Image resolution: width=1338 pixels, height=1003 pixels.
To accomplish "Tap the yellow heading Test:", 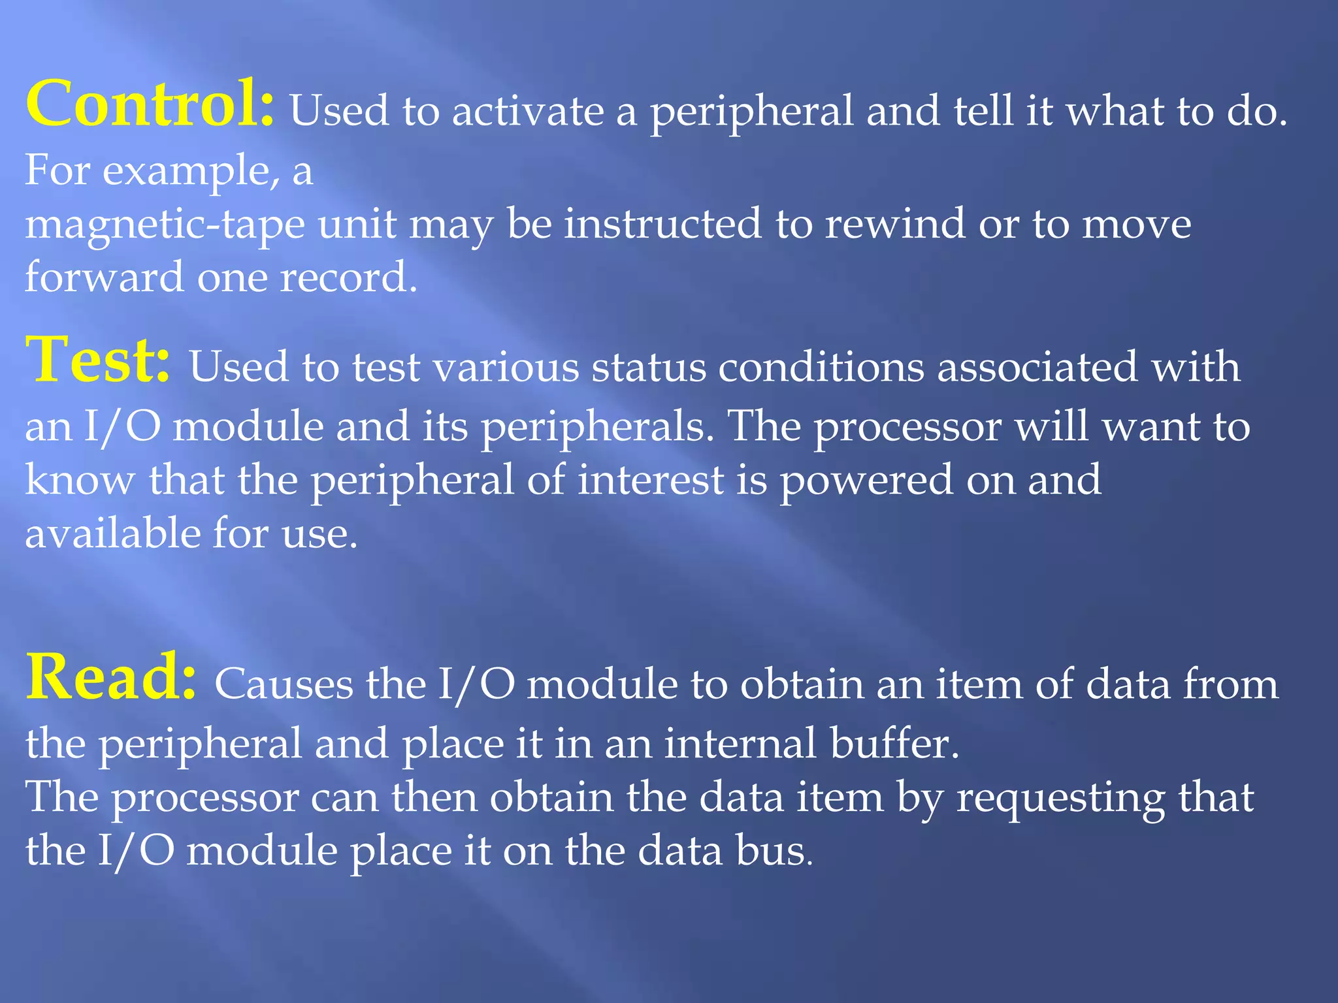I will tap(98, 360).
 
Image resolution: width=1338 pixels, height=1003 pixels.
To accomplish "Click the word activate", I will tap(528, 111).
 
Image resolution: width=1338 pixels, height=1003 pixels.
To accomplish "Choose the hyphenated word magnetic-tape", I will tap(165, 225).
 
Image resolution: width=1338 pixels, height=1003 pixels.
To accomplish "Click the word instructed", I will tap(662, 224).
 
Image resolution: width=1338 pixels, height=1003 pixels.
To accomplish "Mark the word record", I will tap(348, 278).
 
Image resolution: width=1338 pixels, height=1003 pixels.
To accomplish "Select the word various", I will tap(506, 367).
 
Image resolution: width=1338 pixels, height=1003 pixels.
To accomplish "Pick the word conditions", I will tap(821, 367).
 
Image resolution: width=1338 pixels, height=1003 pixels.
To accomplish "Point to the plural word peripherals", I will tap(597, 428).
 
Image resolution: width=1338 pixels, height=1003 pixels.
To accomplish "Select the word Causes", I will tap(284, 685).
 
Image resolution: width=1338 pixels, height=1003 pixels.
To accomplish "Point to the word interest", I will tap(651, 481).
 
